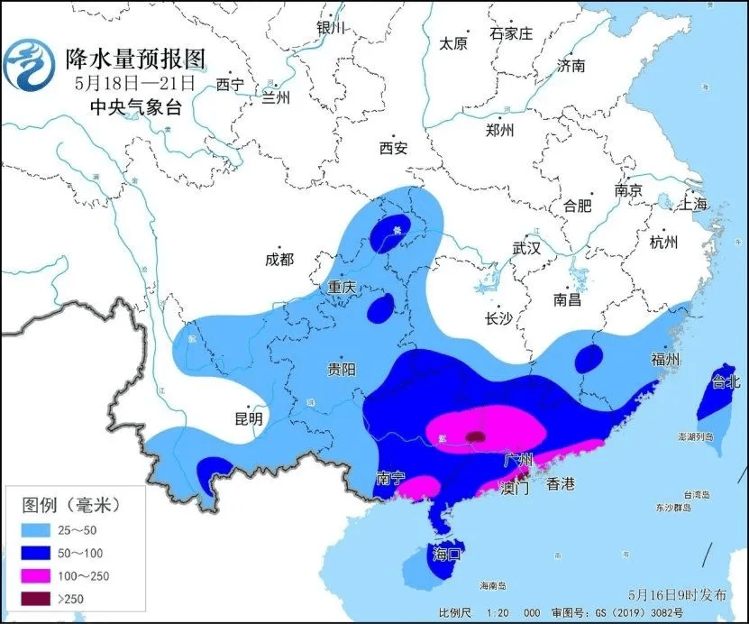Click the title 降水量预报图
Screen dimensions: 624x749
(x=135, y=59)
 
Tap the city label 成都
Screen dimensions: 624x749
(x=279, y=259)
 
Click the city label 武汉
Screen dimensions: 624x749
(x=525, y=248)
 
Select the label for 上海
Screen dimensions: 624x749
(x=694, y=204)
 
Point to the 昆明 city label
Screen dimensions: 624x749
(x=248, y=418)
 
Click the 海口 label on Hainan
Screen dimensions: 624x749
(x=446, y=552)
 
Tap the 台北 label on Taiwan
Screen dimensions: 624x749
(x=726, y=381)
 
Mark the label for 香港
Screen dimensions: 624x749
(x=560, y=484)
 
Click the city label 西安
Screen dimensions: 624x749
(x=393, y=148)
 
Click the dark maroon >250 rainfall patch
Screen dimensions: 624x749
(x=475, y=437)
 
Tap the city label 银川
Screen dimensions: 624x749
(x=331, y=27)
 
